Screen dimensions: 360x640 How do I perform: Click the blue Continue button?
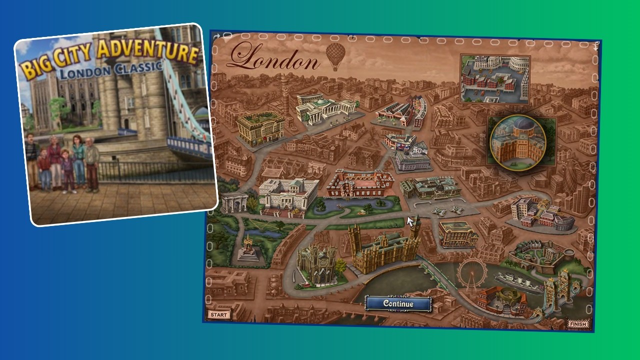pos(398,303)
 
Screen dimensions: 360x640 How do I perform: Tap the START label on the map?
pos(218,314)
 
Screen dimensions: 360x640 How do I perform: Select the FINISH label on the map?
pos(578,324)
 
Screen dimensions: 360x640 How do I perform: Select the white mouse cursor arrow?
pos(410,221)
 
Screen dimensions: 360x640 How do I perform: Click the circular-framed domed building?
pos(518,142)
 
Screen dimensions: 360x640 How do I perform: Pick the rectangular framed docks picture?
pos(494,78)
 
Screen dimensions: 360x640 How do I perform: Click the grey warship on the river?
pos(517,282)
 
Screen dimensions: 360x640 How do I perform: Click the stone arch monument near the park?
pos(234,202)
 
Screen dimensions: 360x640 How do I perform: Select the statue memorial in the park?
pos(248,248)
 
